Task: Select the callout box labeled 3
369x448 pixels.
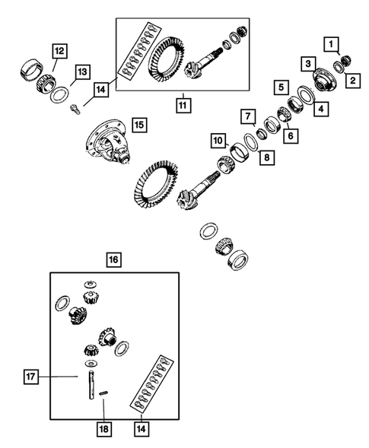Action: coord(308,63)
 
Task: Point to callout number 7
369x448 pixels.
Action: coord(248,117)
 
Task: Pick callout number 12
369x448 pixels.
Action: coord(59,52)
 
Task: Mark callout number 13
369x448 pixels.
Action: coord(83,72)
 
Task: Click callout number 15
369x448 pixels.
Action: coord(137,123)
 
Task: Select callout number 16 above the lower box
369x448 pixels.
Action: coord(113,260)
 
